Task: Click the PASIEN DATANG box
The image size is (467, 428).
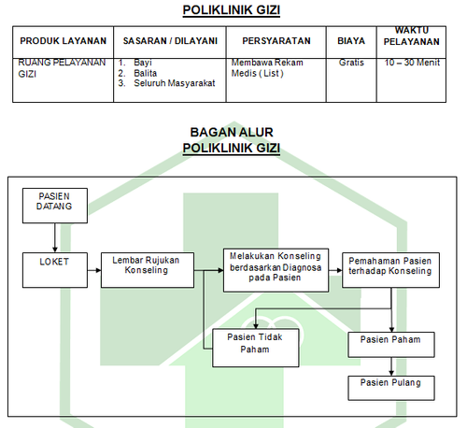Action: click(x=55, y=206)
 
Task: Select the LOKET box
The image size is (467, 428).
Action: click(x=55, y=270)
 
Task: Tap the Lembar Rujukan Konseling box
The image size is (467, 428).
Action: click(x=148, y=270)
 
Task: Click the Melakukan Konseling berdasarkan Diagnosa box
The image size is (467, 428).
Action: click(x=276, y=270)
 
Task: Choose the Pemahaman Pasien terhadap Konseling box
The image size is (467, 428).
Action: click(x=390, y=270)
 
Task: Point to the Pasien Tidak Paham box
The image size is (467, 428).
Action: click(x=256, y=348)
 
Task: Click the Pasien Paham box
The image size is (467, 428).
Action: click(x=391, y=344)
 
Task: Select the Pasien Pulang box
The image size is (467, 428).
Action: click(x=391, y=388)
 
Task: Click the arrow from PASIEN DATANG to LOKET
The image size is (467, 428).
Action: click(x=55, y=237)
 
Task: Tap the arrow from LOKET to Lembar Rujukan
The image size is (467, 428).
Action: click(x=94, y=270)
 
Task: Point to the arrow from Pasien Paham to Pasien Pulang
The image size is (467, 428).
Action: click(x=391, y=366)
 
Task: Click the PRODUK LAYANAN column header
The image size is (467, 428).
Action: click(x=64, y=41)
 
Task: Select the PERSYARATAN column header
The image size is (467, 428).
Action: click(x=276, y=41)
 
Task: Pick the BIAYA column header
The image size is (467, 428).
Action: click(x=351, y=41)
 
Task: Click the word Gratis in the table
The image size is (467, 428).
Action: click(x=351, y=63)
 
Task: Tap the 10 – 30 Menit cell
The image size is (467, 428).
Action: click(x=412, y=63)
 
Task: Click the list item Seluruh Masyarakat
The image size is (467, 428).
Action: click(x=175, y=83)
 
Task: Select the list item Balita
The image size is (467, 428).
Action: click(x=145, y=73)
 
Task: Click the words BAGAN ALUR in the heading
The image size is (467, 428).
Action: click(x=232, y=132)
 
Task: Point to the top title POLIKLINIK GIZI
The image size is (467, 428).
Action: click(x=232, y=10)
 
